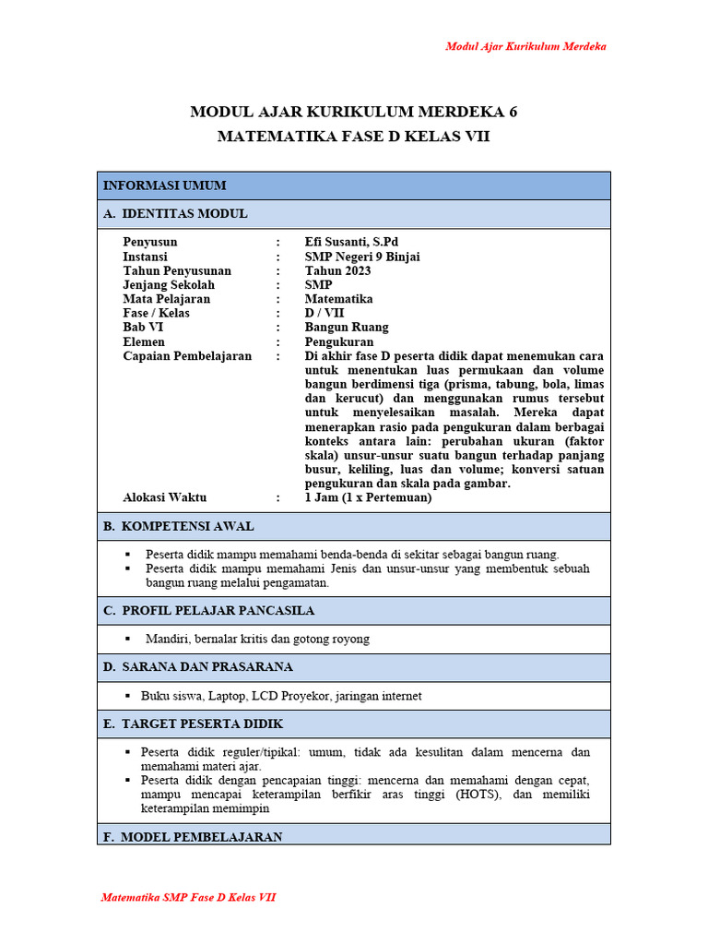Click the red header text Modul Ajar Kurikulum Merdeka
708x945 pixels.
pyautogui.click(x=525, y=46)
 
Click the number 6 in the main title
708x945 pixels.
pyautogui.click(x=513, y=113)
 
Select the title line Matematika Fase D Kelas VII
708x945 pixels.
pyautogui.click(x=353, y=137)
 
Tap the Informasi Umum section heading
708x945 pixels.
pyautogui.click(x=165, y=185)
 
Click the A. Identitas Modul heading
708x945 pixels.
pyautogui.click(x=175, y=214)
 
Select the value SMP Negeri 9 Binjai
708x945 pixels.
pyautogui.click(x=362, y=257)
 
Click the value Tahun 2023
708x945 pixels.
pyautogui.click(x=338, y=271)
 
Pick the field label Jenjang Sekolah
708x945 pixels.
pyautogui.click(x=169, y=285)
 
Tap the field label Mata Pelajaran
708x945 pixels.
pyautogui.click(x=167, y=299)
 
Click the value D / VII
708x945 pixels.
pyautogui.click(x=324, y=313)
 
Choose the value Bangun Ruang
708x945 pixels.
pyautogui.click(x=347, y=328)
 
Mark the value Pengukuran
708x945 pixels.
pyautogui.click(x=339, y=341)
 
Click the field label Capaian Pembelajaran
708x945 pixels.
pyautogui.click(x=187, y=356)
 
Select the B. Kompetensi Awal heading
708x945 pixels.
pyautogui.click(x=178, y=526)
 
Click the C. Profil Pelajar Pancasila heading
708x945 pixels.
pyautogui.click(x=208, y=611)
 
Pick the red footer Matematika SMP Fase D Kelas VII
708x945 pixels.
pyautogui.click(x=188, y=897)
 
